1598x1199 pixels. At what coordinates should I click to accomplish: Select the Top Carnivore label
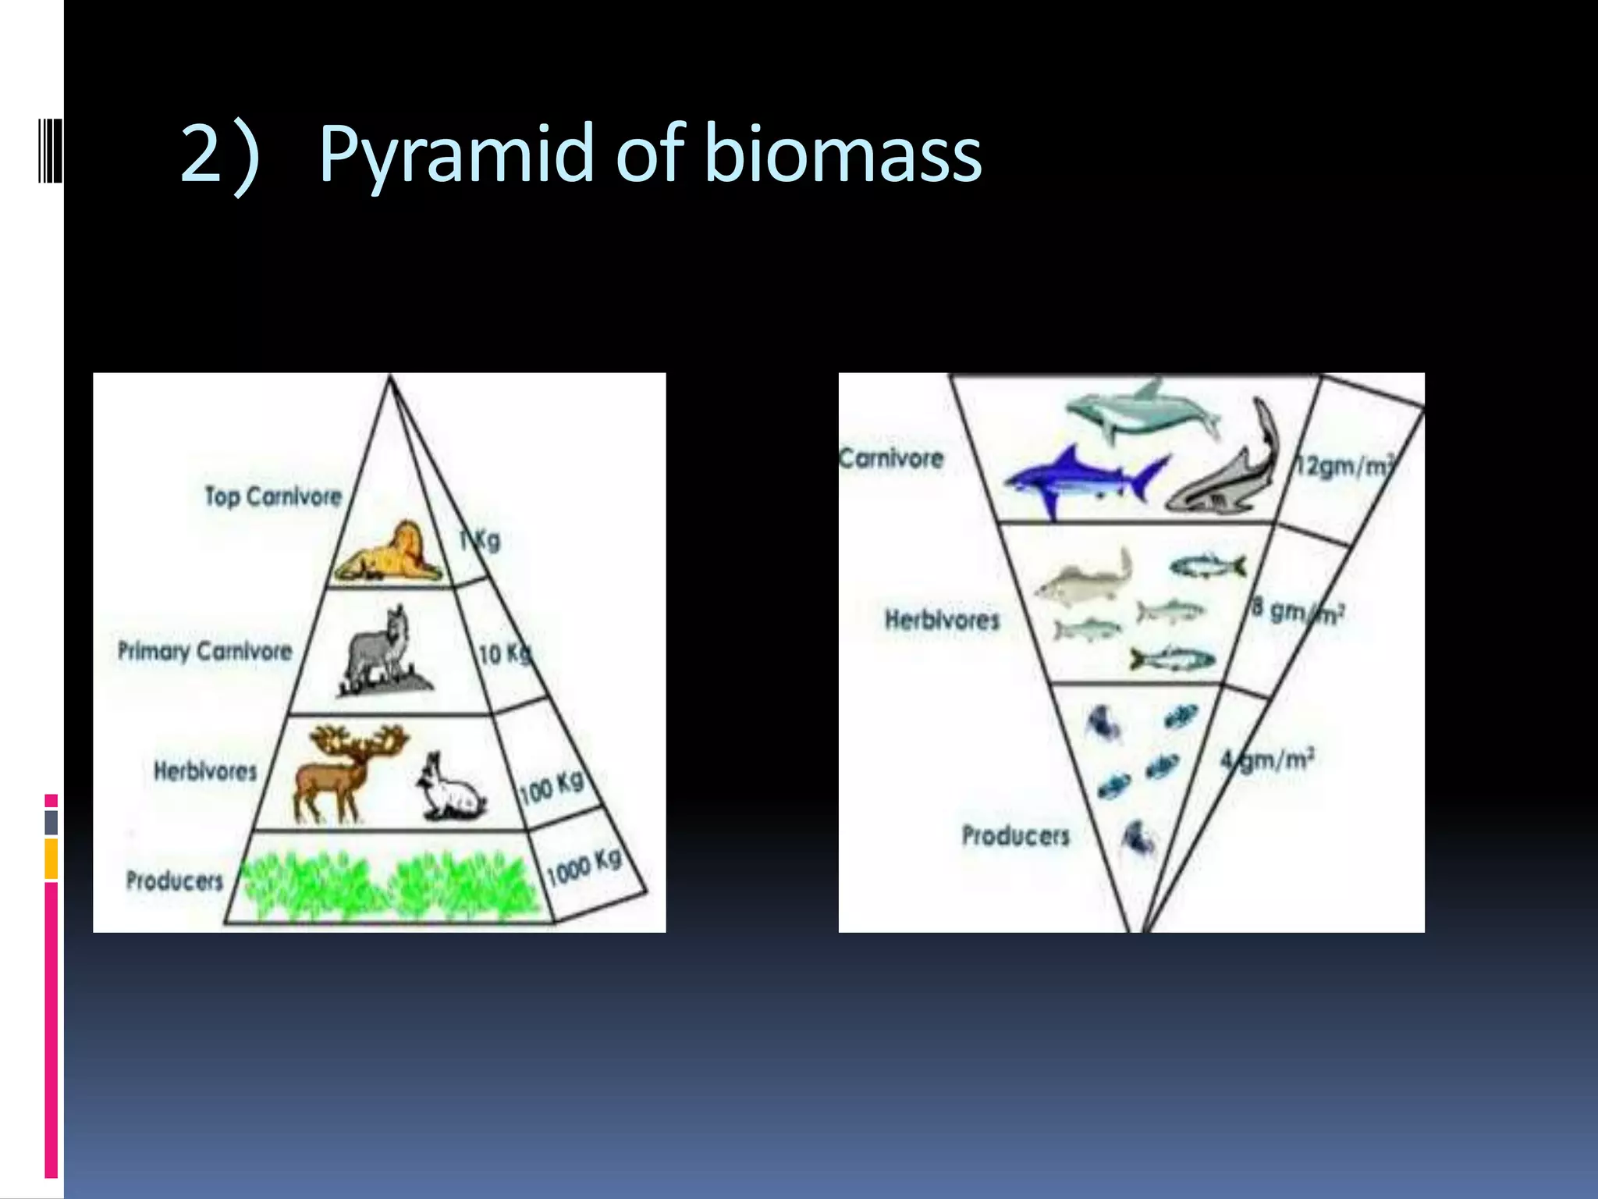pyautogui.click(x=273, y=496)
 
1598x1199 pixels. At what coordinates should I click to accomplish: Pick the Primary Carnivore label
pyautogui.click(x=204, y=651)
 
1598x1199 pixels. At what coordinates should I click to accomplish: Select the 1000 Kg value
pyautogui.click(x=584, y=866)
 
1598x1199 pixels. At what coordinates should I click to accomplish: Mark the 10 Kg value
pyautogui.click(x=504, y=653)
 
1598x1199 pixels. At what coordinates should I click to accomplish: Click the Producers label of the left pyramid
pyautogui.click(x=175, y=881)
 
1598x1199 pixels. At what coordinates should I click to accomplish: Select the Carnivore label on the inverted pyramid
pyautogui.click(x=891, y=458)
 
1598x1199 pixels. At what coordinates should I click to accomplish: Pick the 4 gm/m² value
pyautogui.click(x=1268, y=759)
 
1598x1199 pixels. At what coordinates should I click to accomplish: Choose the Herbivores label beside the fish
pyautogui.click(x=942, y=620)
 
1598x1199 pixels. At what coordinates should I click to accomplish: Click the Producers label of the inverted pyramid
pyautogui.click(x=1015, y=835)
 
